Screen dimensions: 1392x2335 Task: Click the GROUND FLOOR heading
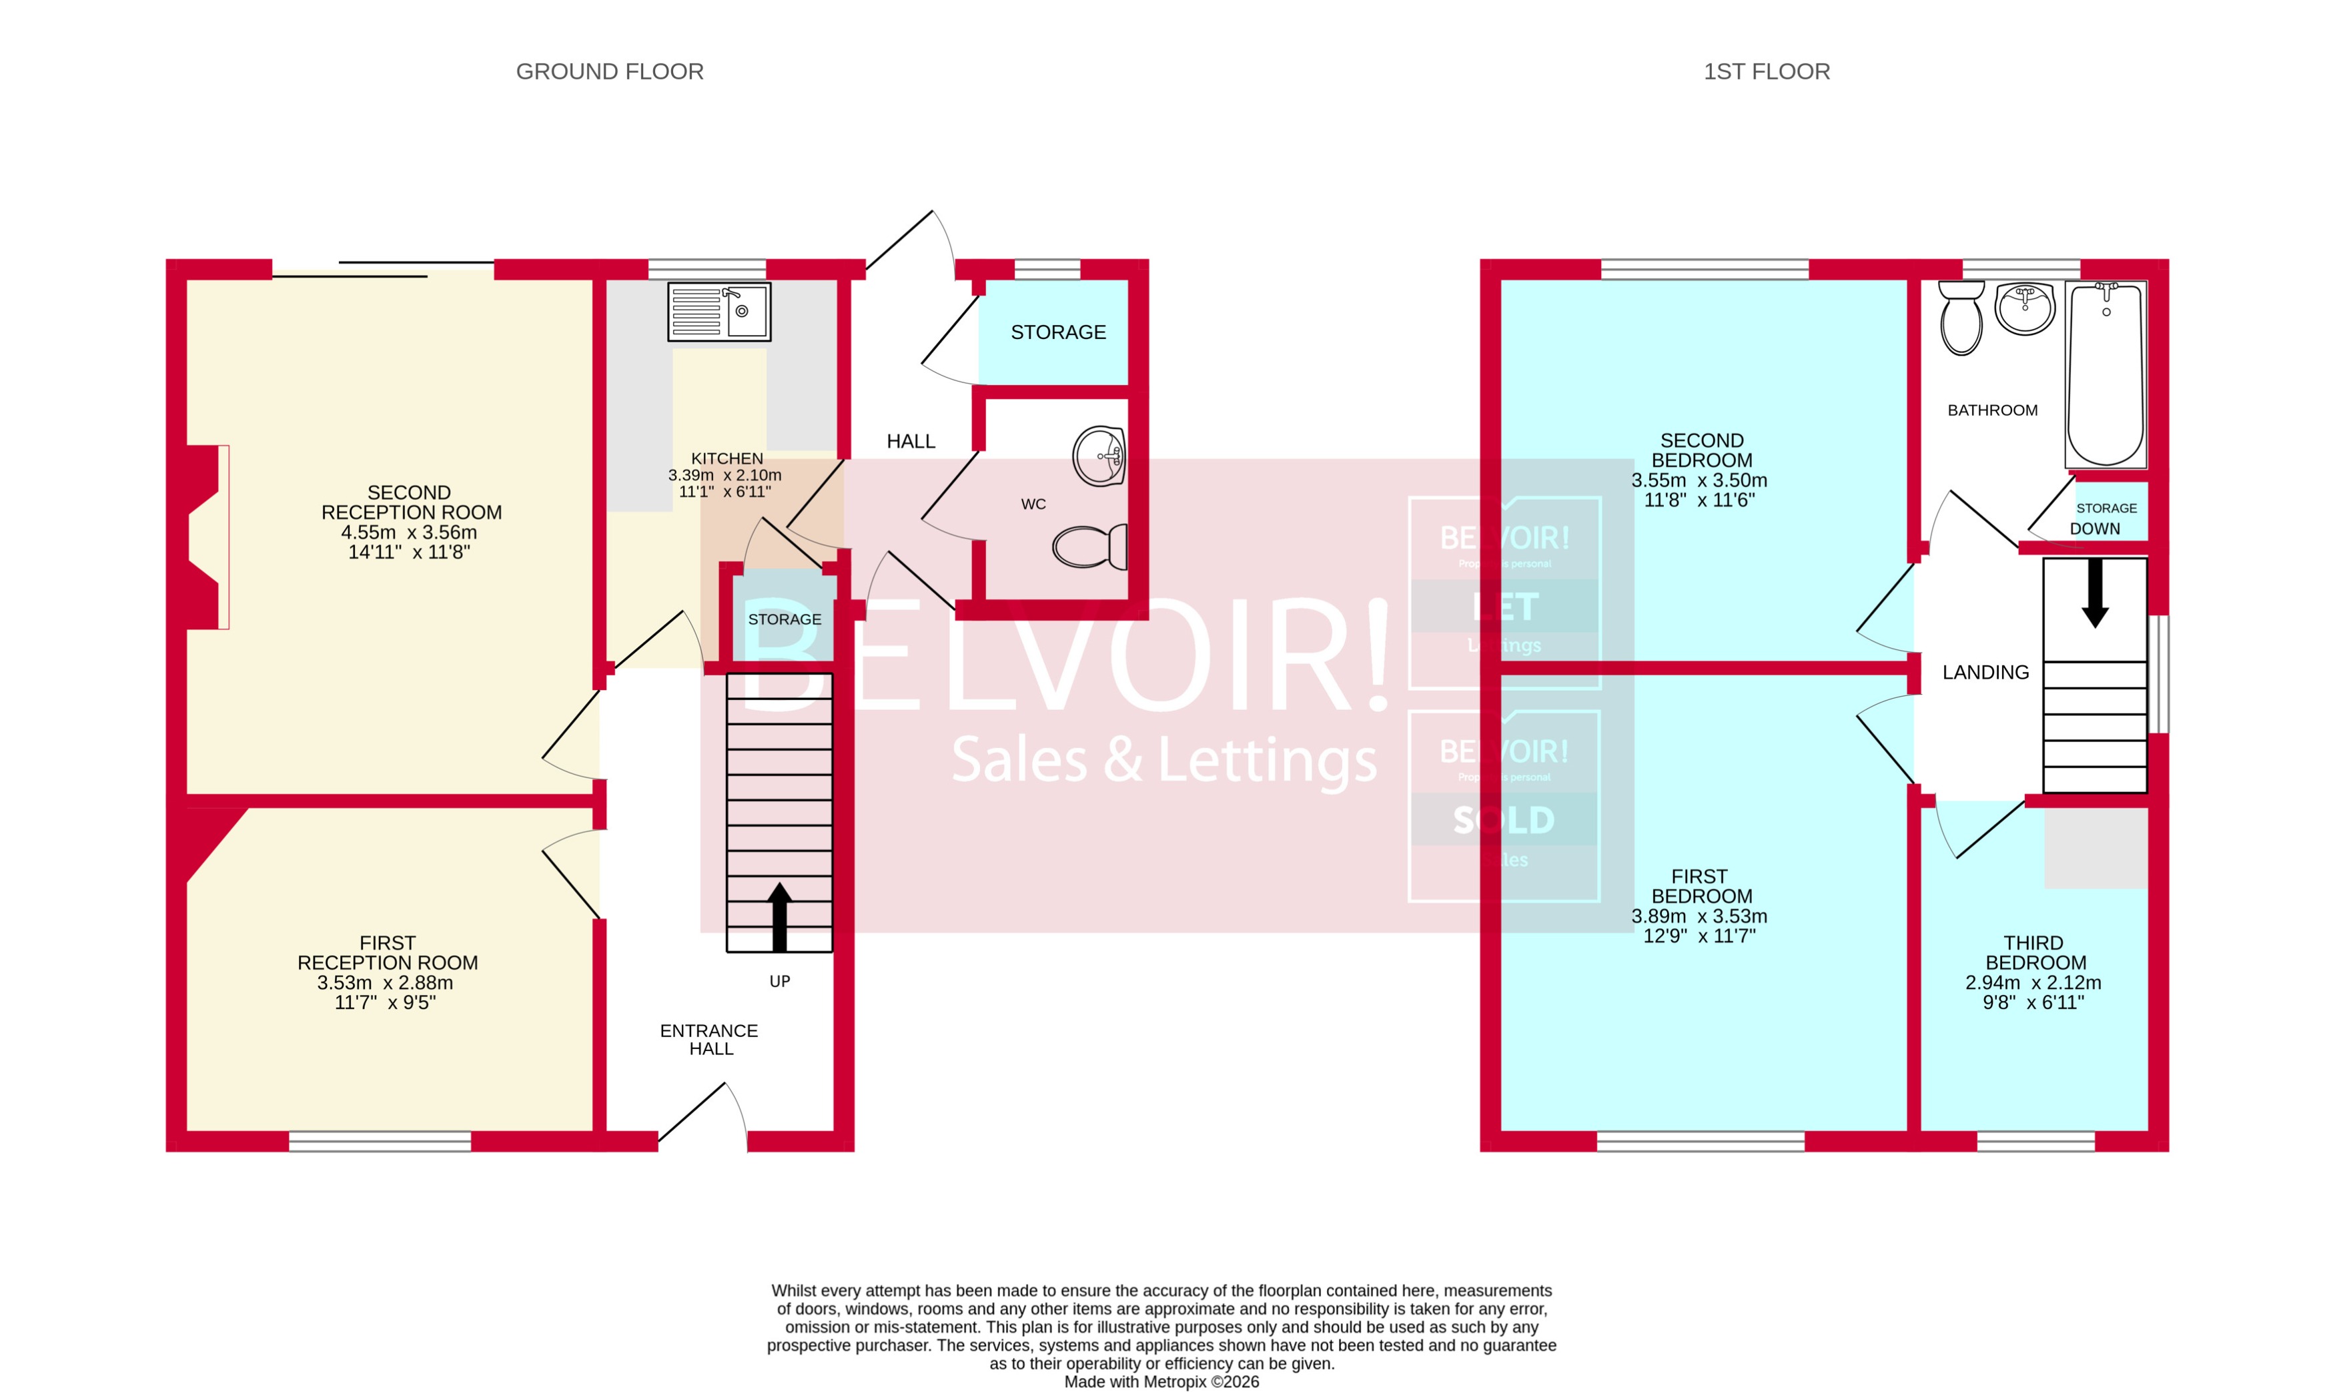(610, 71)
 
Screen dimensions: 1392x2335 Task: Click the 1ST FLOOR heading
(1766, 71)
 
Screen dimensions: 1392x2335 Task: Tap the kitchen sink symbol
(719, 312)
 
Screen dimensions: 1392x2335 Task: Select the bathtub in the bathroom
(2106, 375)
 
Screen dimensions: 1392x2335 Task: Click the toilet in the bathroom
(1961, 319)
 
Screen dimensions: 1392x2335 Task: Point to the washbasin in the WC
(1099, 457)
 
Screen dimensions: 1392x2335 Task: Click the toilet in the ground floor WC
(1089, 547)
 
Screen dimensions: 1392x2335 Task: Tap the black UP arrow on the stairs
(779, 916)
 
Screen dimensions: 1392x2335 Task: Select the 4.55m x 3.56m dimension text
(409, 532)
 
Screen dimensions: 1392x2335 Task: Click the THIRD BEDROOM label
(2034, 952)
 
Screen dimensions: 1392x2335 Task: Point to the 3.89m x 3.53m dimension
(1699, 916)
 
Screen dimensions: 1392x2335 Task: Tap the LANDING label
(1985, 673)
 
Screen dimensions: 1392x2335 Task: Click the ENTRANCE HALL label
(709, 1039)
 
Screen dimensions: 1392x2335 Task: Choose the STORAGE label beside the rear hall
(1058, 332)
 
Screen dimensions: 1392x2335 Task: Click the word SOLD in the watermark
(1504, 820)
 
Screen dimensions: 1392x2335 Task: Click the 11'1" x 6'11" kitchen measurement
(725, 492)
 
